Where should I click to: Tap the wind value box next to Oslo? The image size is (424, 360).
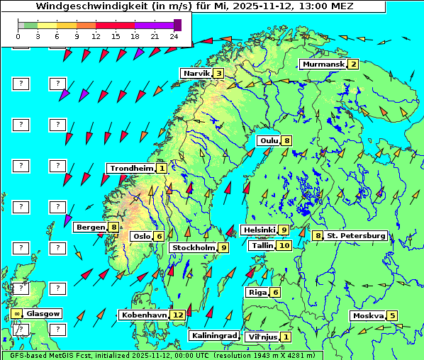tap(160, 237)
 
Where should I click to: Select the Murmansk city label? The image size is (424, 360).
tap(323, 64)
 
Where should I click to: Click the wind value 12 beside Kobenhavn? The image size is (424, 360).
tap(178, 315)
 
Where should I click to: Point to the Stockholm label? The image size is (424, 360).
tap(193, 248)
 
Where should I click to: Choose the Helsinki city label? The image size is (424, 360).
tap(258, 230)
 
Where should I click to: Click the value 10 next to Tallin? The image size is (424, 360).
tap(284, 245)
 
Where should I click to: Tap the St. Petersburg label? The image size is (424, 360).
tap(356, 235)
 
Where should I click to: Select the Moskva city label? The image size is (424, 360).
tap(368, 316)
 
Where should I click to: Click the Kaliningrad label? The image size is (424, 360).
tap(213, 335)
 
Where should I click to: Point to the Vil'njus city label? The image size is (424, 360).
tap(262, 337)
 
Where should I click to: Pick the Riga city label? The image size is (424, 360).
tap(256, 293)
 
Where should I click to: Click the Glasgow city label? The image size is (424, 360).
tap(44, 313)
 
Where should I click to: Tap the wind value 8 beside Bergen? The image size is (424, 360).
tap(113, 227)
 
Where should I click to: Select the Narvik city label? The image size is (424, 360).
tap(196, 74)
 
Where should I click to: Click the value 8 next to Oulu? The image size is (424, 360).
tap(286, 140)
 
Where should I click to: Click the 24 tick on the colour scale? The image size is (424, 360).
tap(173, 35)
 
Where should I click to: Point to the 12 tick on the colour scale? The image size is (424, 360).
tap(96, 35)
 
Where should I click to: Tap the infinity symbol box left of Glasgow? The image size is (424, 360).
tap(16, 313)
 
